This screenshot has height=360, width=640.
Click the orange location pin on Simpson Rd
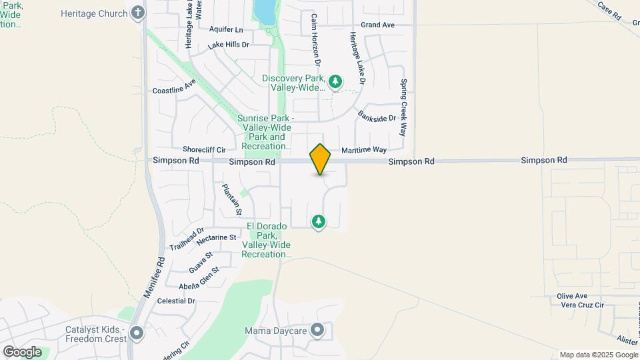tap(320, 159)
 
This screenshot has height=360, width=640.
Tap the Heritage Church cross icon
tap(138, 13)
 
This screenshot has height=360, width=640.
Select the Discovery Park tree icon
tap(335, 82)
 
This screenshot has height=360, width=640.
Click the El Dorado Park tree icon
tap(319, 221)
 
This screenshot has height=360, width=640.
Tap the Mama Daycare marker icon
tap(317, 330)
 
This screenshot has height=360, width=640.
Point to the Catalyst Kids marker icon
tap(137, 333)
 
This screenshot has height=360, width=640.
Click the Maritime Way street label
tap(364, 150)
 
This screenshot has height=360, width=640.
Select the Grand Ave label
tap(378, 25)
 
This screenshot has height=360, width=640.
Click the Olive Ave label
tap(572, 296)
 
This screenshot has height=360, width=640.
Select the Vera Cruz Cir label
tap(581, 305)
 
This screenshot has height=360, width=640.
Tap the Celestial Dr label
tap(176, 301)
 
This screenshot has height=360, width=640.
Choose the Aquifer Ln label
tap(226, 30)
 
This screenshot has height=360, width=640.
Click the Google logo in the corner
tap(21, 351)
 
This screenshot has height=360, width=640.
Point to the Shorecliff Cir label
tap(204, 150)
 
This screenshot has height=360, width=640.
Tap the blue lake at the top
tap(264, 10)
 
